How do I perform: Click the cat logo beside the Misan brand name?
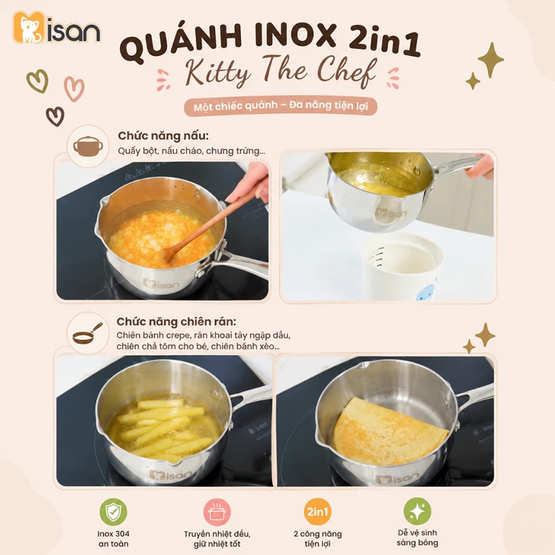[29, 27]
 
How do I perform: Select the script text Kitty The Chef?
[280, 72]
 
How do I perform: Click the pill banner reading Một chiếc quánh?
[280, 106]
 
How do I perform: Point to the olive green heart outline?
[37, 81]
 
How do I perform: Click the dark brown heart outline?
[55, 116]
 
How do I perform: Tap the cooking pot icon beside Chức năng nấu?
[88, 146]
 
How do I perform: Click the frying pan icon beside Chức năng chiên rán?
[87, 334]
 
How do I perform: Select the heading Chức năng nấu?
[163, 136]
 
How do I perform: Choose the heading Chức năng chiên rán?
[176, 322]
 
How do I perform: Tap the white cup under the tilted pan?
[402, 267]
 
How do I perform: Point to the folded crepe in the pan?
[389, 432]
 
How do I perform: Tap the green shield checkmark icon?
[113, 512]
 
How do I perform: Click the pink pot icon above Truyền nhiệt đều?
[217, 512]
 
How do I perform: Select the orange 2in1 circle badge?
[317, 512]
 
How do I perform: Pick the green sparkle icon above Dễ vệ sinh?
[417, 511]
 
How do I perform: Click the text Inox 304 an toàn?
[113, 539]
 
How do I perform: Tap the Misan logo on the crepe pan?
[396, 479]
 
